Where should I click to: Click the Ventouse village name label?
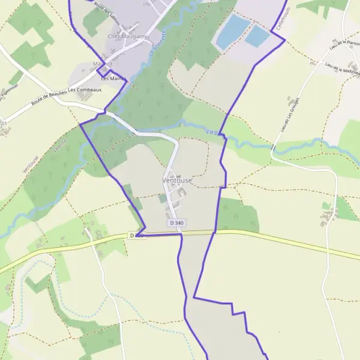(176, 180)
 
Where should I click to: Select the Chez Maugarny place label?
(127, 36)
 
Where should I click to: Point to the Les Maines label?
(113, 79)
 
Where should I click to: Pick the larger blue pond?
(233, 31)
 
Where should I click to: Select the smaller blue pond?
(257, 36)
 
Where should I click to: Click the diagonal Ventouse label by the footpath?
(31, 163)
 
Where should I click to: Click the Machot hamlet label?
(103, 64)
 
